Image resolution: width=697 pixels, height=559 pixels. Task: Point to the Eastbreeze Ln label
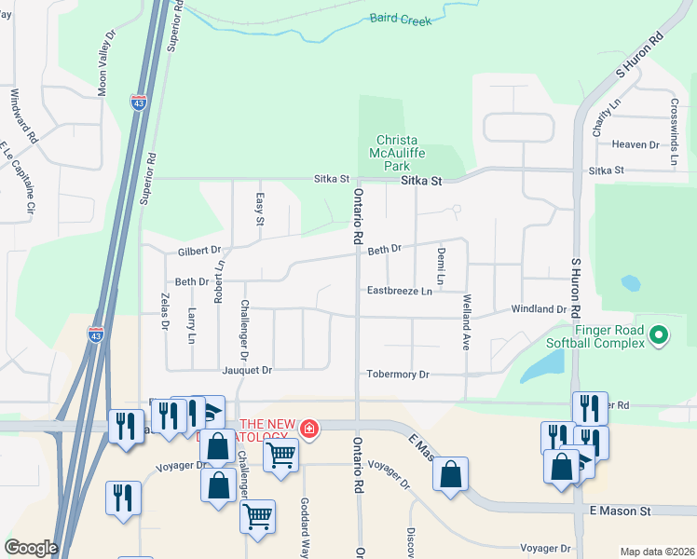[399, 292]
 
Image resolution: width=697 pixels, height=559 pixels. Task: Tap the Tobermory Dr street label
[397, 375]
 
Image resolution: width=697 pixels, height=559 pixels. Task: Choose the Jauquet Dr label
[246, 370]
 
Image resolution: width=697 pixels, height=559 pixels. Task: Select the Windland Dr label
[539, 308]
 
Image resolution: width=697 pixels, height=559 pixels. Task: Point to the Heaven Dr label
[635, 144]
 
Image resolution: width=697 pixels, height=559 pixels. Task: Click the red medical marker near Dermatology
[308, 429]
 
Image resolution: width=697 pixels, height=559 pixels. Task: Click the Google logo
[31, 548]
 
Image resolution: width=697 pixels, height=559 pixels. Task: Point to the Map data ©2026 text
[656, 552]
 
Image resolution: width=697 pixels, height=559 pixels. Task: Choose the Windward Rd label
[25, 115]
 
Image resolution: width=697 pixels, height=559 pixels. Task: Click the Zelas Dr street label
[165, 310]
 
